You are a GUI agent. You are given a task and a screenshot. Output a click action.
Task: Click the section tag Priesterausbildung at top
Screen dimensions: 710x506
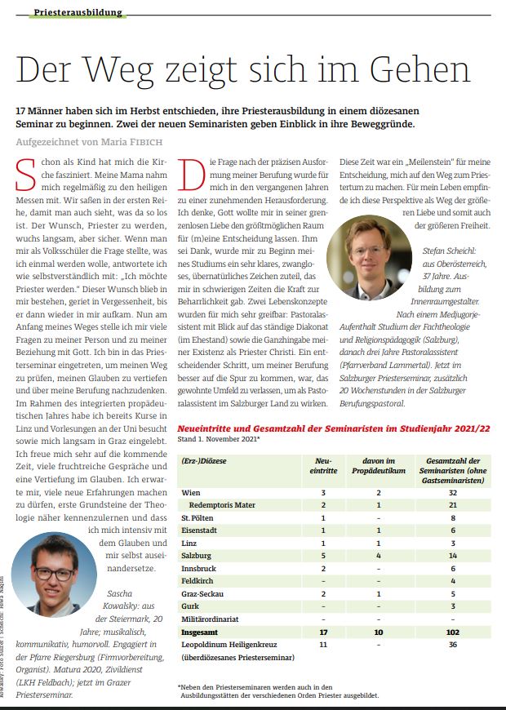coord(79,12)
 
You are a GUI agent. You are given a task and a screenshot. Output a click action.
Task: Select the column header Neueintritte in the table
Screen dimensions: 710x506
coord(323,467)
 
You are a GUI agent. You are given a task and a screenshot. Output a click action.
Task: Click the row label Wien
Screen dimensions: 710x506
coord(192,493)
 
